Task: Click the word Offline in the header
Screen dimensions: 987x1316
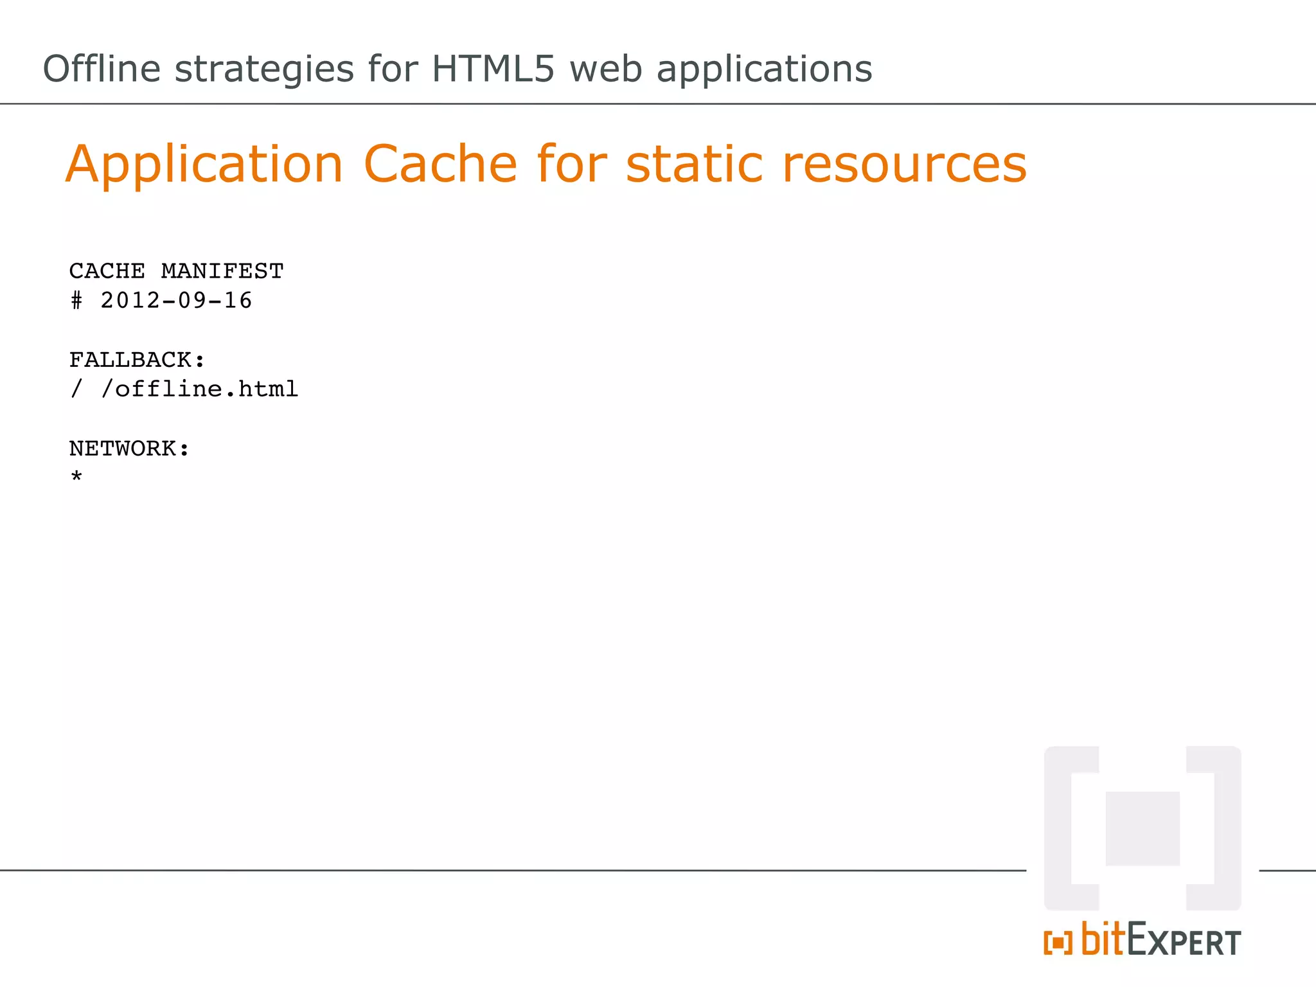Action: click(x=102, y=69)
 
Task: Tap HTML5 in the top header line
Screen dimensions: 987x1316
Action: click(x=493, y=69)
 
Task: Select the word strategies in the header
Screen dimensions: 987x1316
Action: click(x=264, y=69)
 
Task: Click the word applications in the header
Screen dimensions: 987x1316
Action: click(x=764, y=69)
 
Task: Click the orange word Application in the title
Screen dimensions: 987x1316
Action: click(x=204, y=164)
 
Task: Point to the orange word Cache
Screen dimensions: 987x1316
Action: click(x=440, y=164)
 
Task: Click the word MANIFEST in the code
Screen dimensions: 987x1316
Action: click(x=222, y=271)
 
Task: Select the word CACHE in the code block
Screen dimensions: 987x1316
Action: click(x=107, y=271)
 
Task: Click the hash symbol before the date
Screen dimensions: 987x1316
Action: click(x=76, y=301)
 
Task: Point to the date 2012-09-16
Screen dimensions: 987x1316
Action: click(x=176, y=301)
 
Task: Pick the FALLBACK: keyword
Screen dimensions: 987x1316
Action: click(x=137, y=360)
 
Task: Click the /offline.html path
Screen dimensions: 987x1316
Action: click(x=199, y=389)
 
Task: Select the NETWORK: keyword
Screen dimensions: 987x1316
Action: click(x=129, y=449)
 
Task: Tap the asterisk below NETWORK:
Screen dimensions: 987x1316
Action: click(x=76, y=477)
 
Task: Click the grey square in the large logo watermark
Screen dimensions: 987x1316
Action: click(x=1143, y=828)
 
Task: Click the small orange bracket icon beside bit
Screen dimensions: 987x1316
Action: click(x=1058, y=943)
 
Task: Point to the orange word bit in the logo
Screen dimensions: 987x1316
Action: click(x=1103, y=939)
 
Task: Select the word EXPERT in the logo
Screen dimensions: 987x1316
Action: click(x=1184, y=940)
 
